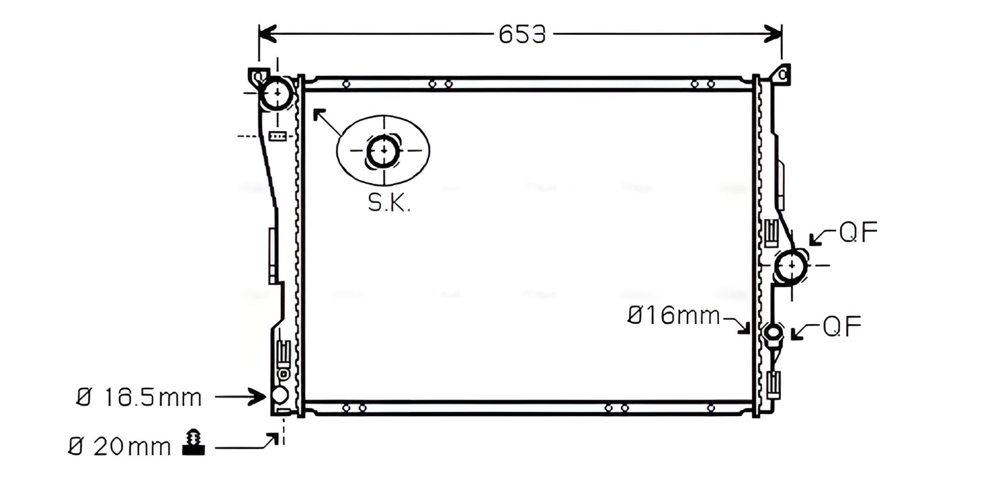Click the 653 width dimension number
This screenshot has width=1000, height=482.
coord(522,34)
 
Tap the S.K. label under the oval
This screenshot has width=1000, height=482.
coord(389,203)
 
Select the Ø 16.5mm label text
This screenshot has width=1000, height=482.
coord(139,398)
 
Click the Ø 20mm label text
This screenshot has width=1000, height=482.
coord(119,447)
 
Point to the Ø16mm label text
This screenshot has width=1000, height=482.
coord(673,315)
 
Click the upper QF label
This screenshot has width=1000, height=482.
coord(858,232)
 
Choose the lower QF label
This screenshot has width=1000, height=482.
coord(842,326)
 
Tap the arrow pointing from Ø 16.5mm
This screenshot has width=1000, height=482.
coord(240,397)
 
